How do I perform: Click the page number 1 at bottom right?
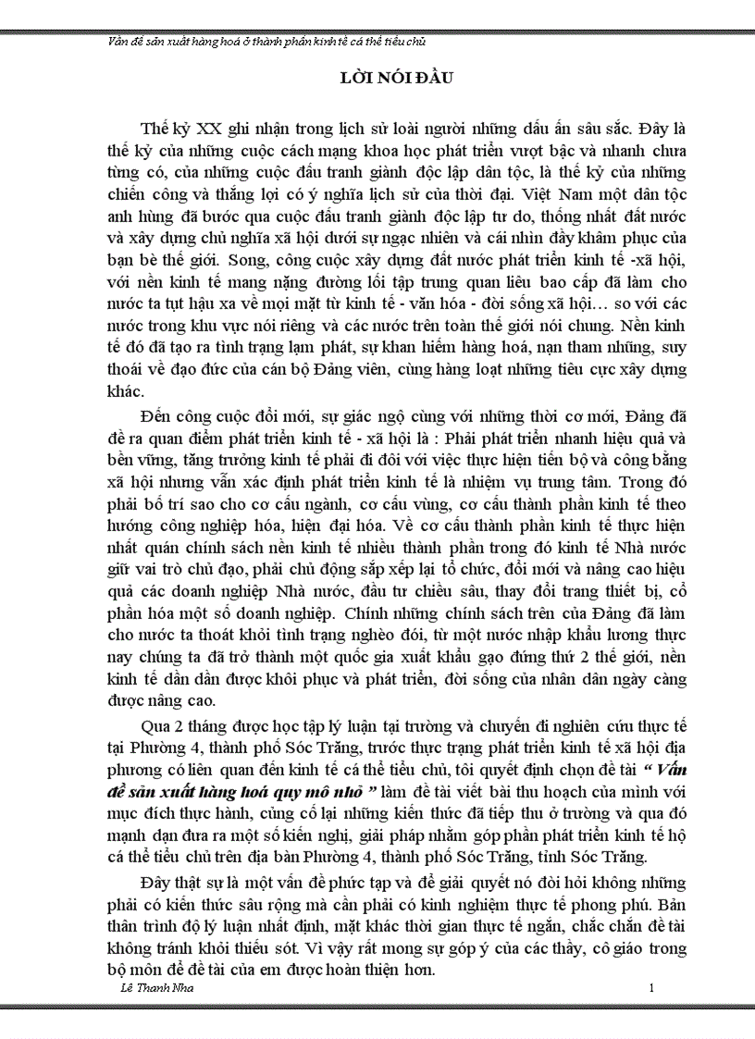(651, 989)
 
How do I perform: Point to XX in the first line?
(211, 128)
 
